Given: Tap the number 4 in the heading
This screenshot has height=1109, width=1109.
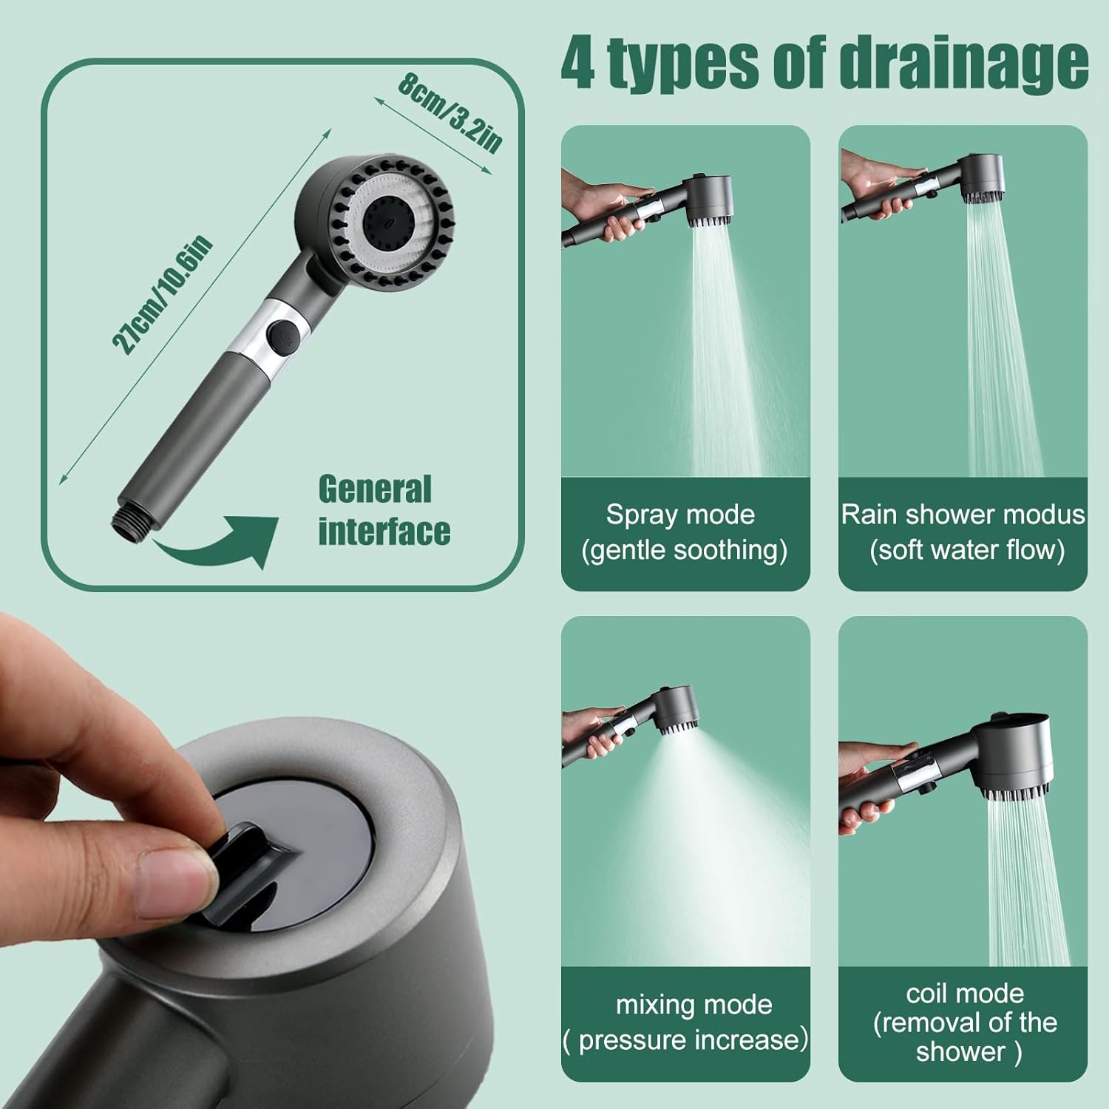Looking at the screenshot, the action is point(577,64).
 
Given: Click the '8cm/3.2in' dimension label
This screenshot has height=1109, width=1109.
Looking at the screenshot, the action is point(450,112).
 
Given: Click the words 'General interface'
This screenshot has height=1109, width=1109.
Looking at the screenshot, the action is point(384,511).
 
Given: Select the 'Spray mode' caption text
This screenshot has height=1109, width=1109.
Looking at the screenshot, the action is point(680,515).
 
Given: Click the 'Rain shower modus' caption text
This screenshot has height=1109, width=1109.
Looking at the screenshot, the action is point(963,515).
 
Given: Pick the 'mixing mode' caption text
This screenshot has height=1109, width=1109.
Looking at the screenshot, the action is point(693,1005).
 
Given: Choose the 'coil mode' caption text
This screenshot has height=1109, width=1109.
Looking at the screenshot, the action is point(965,993).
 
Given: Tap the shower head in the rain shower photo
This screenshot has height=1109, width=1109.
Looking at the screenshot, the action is point(980,178).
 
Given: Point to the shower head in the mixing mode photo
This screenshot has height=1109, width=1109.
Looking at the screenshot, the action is point(672,710).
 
